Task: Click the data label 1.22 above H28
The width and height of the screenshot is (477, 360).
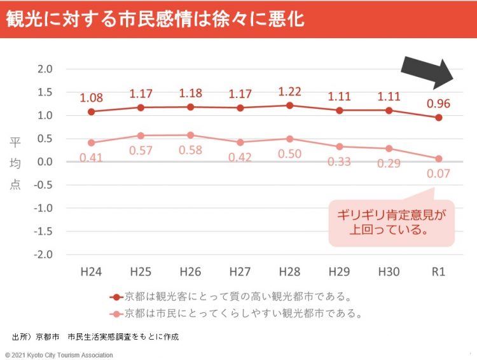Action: [x=290, y=92]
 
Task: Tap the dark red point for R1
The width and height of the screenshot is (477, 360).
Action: [x=438, y=118]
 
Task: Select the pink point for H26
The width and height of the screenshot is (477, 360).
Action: [x=190, y=135]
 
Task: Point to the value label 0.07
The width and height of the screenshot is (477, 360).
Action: [x=438, y=173]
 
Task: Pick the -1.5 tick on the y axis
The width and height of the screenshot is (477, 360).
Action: [x=45, y=231]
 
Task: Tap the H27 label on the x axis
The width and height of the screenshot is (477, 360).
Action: [x=240, y=272]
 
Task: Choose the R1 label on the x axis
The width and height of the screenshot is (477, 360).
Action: [x=438, y=272]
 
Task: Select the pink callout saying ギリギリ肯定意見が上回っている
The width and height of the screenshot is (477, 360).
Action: [x=392, y=223]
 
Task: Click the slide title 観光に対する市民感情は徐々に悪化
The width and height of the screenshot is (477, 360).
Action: [x=155, y=19]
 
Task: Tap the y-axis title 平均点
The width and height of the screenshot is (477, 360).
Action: [x=15, y=163]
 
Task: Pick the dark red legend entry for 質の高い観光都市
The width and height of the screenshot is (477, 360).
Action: [x=232, y=297]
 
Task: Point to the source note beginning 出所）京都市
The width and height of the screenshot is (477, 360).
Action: [x=95, y=336]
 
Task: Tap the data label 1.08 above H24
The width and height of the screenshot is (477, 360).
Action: [x=92, y=99]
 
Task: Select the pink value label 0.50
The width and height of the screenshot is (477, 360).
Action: [x=289, y=154]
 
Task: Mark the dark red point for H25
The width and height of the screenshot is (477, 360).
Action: [x=141, y=107]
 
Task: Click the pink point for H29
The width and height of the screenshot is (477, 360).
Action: [x=339, y=146]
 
